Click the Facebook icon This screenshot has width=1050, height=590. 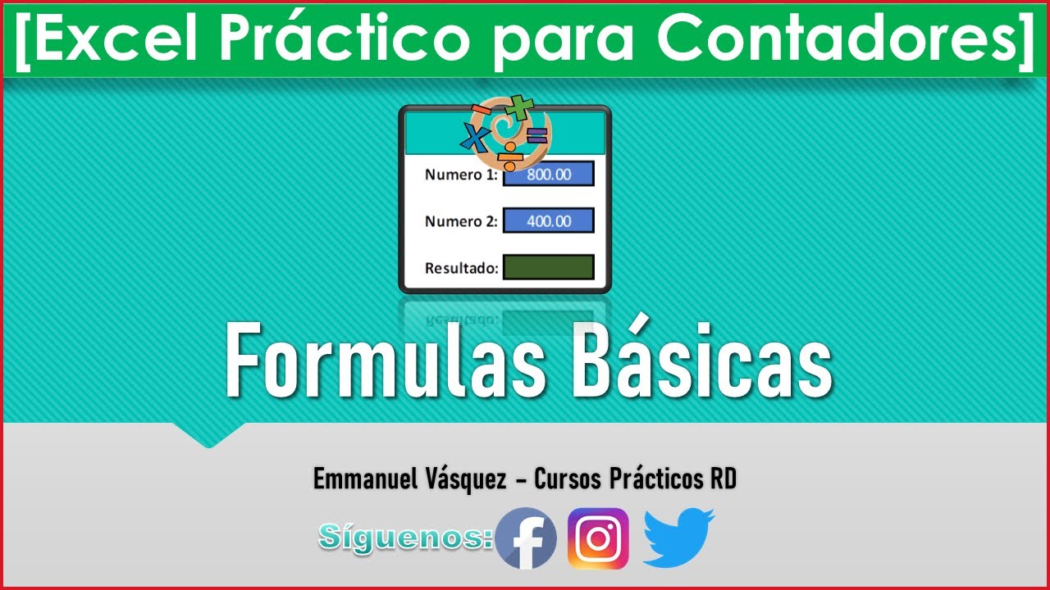tap(526, 538)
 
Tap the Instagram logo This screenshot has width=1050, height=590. tap(598, 538)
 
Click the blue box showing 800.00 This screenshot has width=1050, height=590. tap(548, 175)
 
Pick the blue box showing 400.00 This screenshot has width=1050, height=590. tap(548, 220)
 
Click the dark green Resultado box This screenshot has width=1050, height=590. tap(548, 267)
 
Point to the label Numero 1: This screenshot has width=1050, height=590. tap(461, 175)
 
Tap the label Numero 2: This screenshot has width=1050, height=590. tap(461, 220)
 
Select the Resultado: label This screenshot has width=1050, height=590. tap(462, 268)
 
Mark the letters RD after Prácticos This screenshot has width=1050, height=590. tap(722, 479)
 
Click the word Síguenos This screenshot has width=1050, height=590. tap(404, 537)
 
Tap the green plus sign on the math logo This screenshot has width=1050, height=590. tap(518, 106)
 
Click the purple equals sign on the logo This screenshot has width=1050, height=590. tap(537, 136)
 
